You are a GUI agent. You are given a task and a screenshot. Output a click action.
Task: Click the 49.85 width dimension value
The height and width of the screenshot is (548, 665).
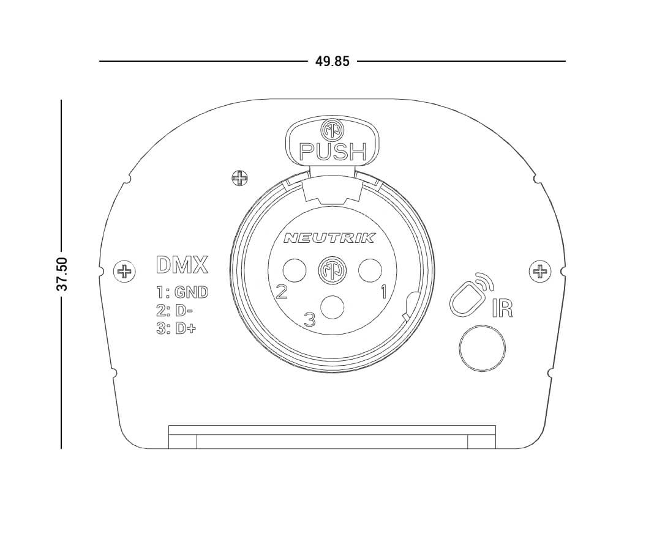[332, 61]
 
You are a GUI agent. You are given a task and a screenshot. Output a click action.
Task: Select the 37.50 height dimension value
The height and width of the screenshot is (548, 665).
[62, 273]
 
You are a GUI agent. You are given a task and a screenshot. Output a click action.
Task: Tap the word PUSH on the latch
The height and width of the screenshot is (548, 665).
[333, 152]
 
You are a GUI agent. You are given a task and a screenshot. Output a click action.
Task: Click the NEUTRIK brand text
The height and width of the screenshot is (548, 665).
[329, 238]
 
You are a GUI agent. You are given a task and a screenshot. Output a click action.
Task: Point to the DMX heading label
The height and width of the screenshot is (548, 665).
[182, 265]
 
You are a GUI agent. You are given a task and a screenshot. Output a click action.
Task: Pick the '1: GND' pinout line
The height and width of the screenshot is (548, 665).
[182, 292]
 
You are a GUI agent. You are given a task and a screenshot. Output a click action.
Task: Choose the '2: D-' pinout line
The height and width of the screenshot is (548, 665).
[175, 311]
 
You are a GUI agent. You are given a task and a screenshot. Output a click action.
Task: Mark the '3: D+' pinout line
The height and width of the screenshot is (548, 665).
[176, 328]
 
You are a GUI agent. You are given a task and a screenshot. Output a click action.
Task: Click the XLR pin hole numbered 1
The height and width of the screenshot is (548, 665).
[370, 270]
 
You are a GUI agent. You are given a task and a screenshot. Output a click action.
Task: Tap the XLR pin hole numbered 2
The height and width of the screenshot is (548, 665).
[295, 270]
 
